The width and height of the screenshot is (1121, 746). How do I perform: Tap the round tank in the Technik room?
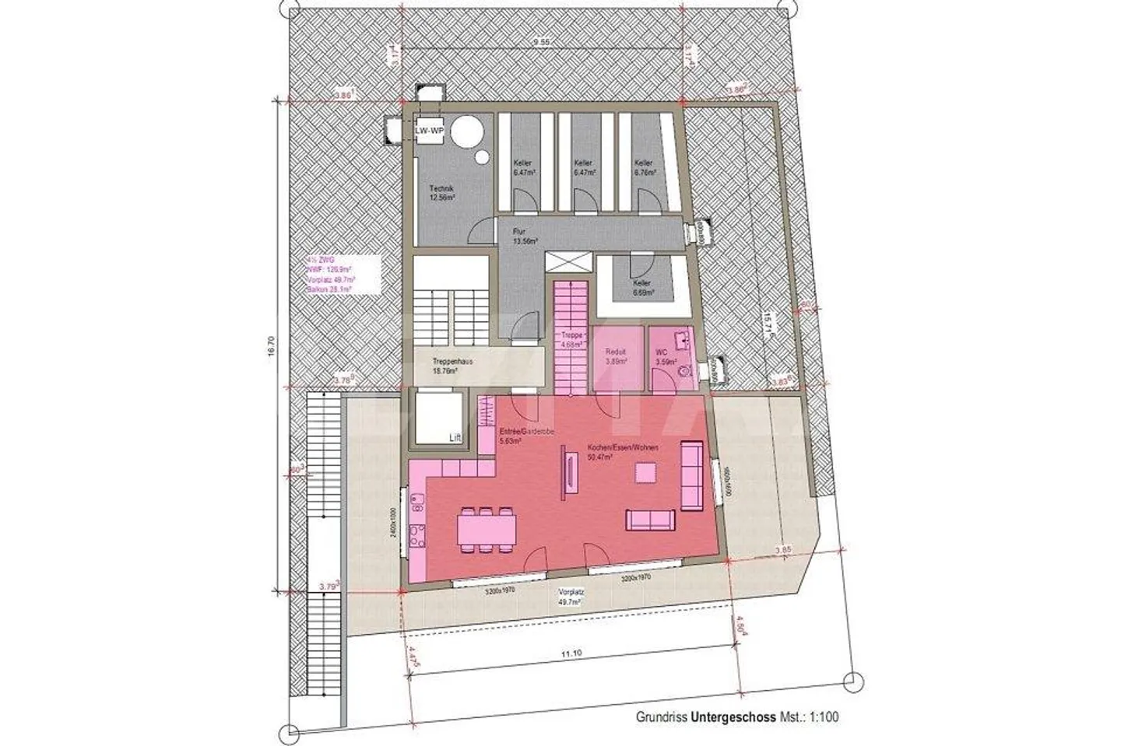pyautogui.click(x=467, y=131)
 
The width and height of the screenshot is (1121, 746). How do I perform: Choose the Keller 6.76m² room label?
pyautogui.click(x=643, y=168)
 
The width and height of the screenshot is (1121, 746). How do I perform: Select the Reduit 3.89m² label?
pyautogui.click(x=617, y=355)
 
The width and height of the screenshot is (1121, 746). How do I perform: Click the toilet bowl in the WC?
pyautogui.click(x=685, y=372)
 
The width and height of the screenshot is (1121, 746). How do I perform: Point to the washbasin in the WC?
pyautogui.click(x=682, y=338)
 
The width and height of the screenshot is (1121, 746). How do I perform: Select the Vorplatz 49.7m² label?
pyautogui.click(x=571, y=597)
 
